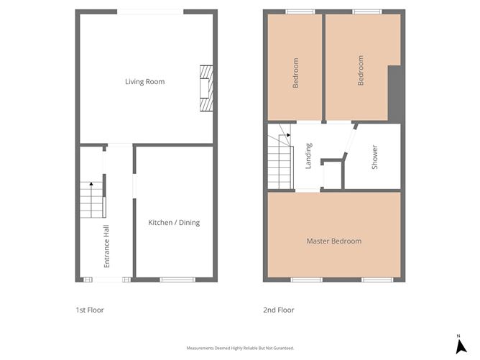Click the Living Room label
click(144, 82)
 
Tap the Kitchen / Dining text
click(174, 223)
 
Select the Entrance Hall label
click(107, 246)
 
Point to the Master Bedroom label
click(333, 241)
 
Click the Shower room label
click(374, 157)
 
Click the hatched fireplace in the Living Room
click(206, 88)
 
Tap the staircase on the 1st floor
click(91, 200)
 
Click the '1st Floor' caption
click(90, 310)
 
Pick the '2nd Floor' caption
click(278, 310)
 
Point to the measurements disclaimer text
click(240, 348)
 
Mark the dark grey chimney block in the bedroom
click(394, 93)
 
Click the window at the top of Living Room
click(150, 11)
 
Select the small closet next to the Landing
click(332, 175)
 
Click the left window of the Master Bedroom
click(306, 280)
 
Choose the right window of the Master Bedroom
click(377, 280)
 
